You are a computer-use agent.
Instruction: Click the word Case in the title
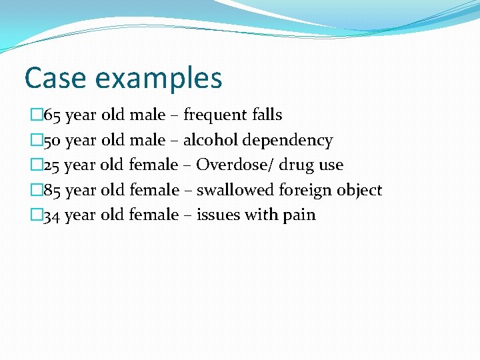[x=56, y=78]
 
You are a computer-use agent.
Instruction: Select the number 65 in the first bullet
[x=53, y=115]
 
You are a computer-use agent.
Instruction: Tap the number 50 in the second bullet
[x=53, y=141]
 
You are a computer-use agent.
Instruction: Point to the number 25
[x=53, y=165]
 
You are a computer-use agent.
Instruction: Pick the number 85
[x=53, y=191]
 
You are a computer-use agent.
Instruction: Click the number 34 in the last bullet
[x=53, y=215]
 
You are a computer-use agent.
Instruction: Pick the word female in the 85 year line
[x=154, y=191]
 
